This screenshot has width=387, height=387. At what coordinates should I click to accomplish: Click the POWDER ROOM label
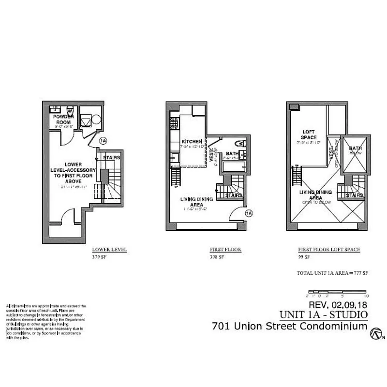point(64,119)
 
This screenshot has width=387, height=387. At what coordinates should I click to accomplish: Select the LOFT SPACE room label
point(309,134)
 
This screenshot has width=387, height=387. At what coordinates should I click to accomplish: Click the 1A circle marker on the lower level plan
point(103,141)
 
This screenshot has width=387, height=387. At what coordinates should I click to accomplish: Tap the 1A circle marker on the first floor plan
point(249,213)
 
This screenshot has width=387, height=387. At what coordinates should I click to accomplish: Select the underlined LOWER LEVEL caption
point(109,250)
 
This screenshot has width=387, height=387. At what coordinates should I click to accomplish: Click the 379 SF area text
point(99,257)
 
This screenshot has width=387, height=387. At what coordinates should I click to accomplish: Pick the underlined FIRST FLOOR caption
point(225,250)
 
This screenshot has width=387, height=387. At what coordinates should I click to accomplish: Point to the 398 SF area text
point(216,257)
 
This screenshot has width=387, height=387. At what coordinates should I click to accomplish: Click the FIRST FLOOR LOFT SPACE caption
point(329,250)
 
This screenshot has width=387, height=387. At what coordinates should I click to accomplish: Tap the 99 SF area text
point(304,257)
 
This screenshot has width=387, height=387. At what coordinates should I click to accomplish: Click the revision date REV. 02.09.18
point(338,305)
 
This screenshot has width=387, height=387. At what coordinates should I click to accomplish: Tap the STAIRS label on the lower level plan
point(112,158)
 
